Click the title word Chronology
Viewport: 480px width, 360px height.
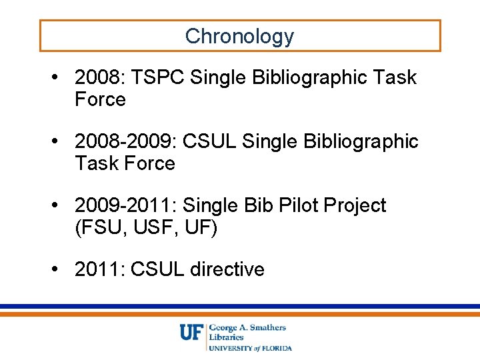pos(239,36)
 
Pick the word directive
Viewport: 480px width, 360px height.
pos(227,269)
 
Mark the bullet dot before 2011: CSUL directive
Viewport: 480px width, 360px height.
pos(60,269)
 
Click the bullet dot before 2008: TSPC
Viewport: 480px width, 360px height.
pos(60,78)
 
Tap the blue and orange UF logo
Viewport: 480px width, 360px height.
pos(191,332)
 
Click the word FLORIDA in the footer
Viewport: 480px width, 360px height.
pos(276,347)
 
